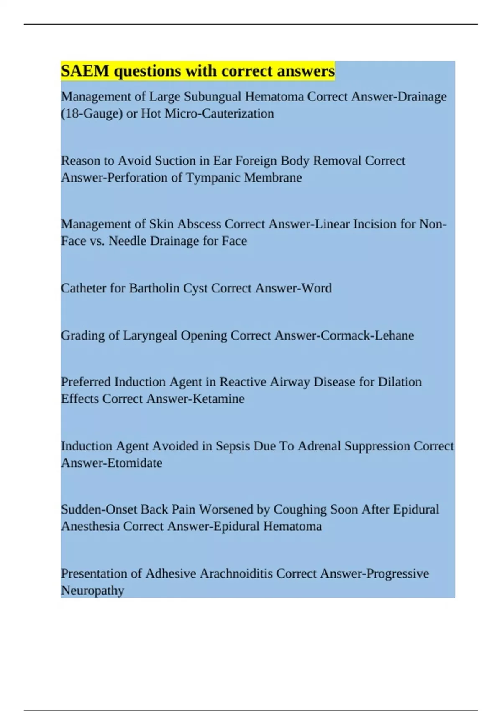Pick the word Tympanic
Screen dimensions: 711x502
(213, 177)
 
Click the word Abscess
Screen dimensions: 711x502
(199, 224)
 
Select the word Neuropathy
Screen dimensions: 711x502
(92, 591)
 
